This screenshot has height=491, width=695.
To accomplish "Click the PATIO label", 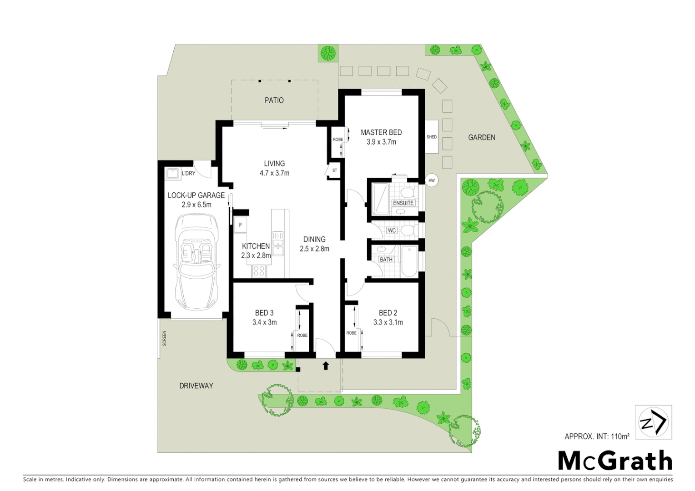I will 274,100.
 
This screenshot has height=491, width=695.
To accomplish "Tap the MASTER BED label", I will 381,132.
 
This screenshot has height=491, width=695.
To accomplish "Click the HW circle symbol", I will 431,180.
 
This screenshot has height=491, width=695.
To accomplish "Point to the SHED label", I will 432,137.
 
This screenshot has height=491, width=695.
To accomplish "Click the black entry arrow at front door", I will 326,365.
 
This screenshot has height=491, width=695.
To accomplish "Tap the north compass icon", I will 653,422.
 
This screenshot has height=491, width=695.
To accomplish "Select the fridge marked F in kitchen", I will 240,225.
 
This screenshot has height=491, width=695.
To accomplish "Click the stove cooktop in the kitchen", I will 259,271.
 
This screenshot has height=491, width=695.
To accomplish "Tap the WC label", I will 392,230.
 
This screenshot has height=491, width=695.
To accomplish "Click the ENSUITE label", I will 403,203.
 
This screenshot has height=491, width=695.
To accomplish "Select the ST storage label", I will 335,170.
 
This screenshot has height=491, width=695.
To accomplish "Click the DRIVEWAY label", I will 196,386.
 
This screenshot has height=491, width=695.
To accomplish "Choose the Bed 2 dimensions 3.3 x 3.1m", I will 388,322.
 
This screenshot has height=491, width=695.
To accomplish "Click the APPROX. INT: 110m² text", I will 597,436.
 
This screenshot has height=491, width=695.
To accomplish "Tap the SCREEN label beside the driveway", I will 164,338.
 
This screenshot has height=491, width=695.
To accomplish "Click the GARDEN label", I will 482,137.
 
